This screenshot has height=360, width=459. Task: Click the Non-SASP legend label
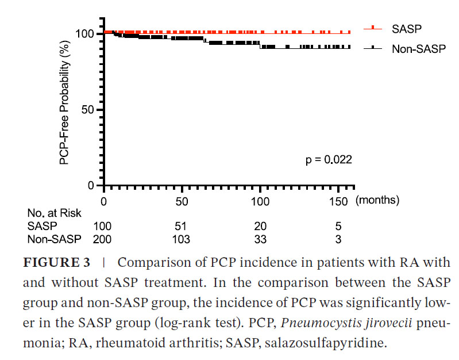point(419,49)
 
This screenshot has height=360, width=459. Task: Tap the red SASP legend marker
point(373,28)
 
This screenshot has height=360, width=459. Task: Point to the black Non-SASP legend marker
point(373,49)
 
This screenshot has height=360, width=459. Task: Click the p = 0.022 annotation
point(328,159)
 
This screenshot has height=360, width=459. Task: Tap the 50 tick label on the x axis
point(182,201)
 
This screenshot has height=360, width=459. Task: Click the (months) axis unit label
point(377,201)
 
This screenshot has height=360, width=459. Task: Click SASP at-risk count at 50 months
point(182,227)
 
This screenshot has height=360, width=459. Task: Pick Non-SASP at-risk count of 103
point(182,239)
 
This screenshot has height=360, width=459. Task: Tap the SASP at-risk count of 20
point(260,227)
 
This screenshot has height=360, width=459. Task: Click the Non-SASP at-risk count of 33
point(260,239)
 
